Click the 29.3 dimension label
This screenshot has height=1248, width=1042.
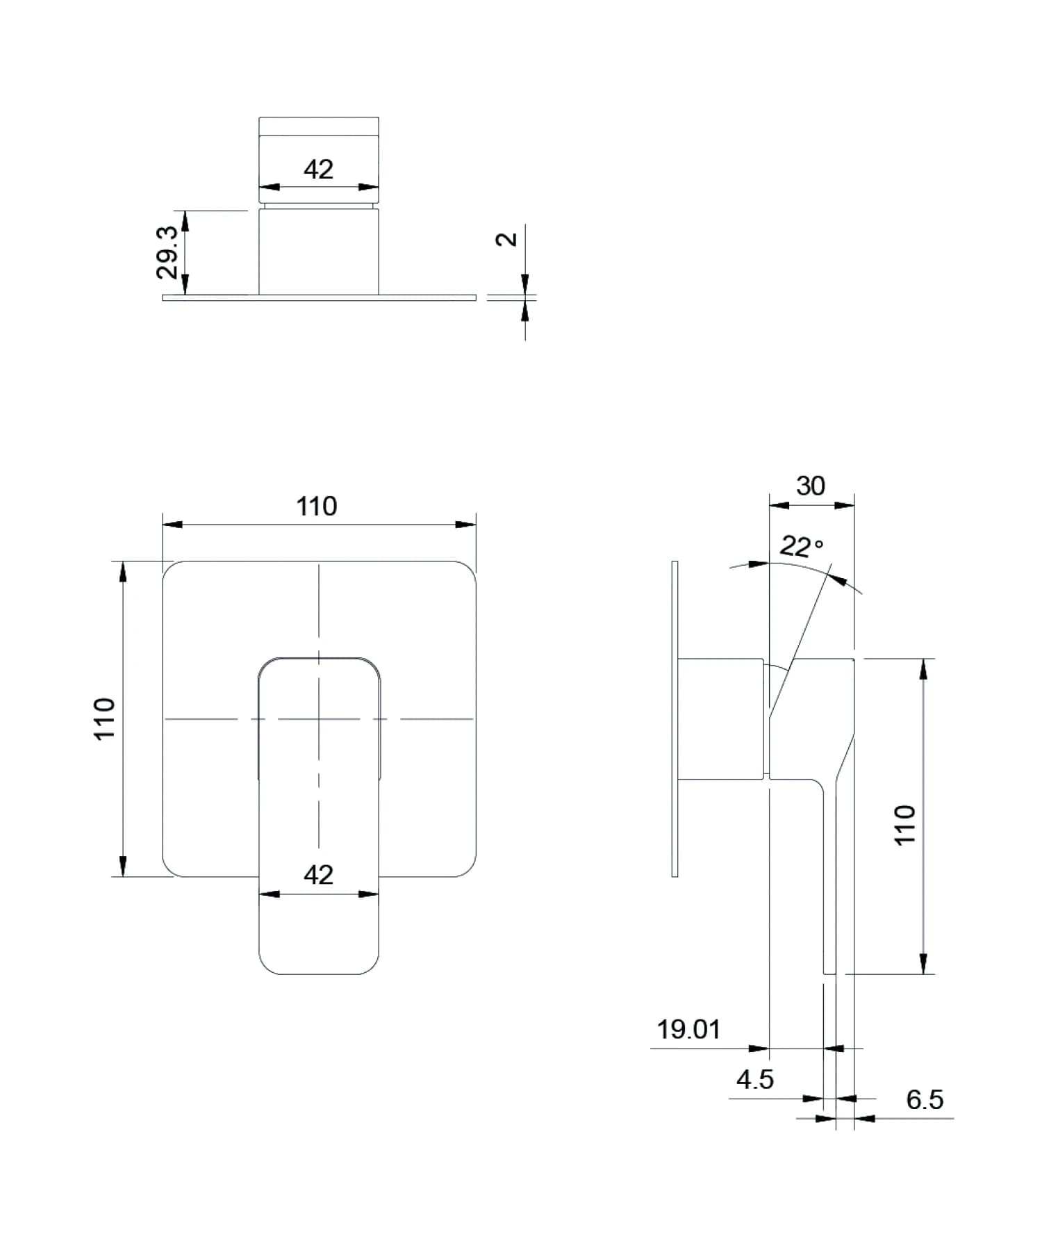(x=167, y=252)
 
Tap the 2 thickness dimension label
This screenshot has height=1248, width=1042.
(x=507, y=239)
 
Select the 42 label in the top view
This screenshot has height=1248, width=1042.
(x=318, y=170)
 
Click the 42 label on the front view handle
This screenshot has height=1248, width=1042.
(x=318, y=874)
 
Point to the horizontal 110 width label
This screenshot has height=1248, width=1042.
(x=317, y=507)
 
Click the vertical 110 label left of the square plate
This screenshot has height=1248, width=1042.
(x=104, y=719)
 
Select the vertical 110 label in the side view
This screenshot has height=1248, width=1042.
(x=904, y=825)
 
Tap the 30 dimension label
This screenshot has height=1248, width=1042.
(x=811, y=486)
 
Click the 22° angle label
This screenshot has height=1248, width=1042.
(x=801, y=547)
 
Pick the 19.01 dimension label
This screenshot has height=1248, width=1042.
(x=688, y=1029)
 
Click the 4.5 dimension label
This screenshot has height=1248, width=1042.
(x=754, y=1079)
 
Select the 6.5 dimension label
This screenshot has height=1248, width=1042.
(x=925, y=1099)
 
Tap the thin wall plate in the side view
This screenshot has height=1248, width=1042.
(x=675, y=719)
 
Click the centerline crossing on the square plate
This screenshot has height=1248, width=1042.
(x=319, y=719)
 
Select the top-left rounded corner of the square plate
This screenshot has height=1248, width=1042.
(x=170, y=569)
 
